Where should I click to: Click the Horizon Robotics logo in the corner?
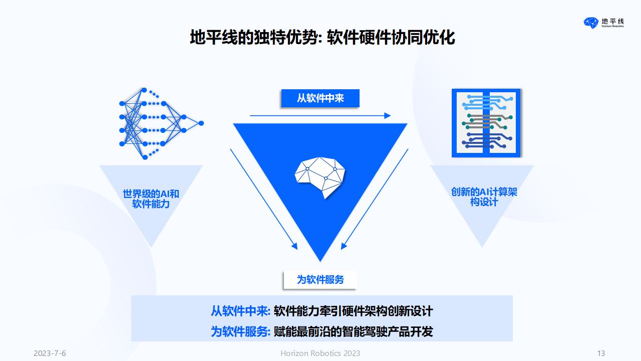pos(603,23)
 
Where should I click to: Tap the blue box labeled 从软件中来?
pos(320,98)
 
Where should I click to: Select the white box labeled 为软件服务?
pos(320,280)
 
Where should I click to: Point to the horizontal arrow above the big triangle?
pos(320,115)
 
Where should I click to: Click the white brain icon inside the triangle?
pos(320,177)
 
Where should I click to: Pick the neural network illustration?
pos(161,123)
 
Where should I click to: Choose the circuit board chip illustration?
pos(486,123)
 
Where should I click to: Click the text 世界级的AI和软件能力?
pos(151,199)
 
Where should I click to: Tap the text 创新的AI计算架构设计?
pos(484,197)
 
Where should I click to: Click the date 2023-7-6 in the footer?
pos(50,353)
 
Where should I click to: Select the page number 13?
pos(601,353)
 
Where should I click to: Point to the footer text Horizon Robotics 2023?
pos(320,353)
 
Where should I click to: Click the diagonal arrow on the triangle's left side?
pos(264,199)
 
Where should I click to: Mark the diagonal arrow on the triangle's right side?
pos(375,199)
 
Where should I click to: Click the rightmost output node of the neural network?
pos(201,123)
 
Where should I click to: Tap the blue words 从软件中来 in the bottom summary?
pos(240,311)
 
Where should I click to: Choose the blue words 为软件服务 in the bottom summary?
pos(240,332)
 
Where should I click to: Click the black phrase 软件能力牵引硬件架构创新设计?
pos(354,311)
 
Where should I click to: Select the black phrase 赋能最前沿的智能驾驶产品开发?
pos(354,332)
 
